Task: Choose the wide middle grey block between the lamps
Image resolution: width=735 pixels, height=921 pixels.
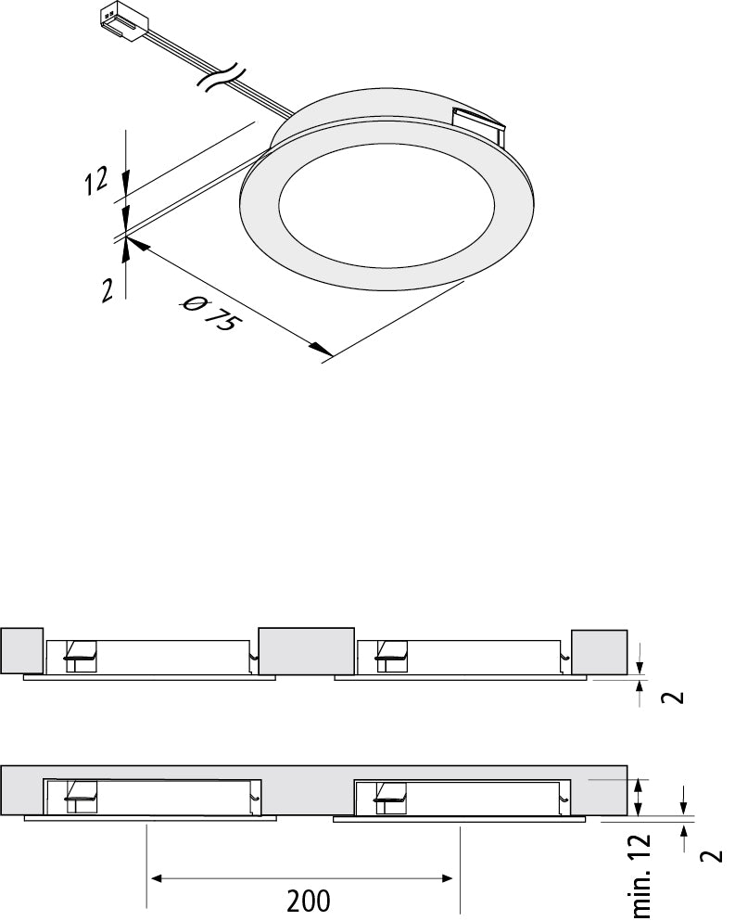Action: coord(306,650)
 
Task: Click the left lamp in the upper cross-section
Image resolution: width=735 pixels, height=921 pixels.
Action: coord(150,658)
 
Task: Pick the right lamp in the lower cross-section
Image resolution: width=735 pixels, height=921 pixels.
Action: coord(460,798)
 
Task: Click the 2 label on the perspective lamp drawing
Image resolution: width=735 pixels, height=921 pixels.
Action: coord(108,289)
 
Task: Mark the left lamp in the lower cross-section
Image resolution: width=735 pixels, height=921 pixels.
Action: coord(150,798)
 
